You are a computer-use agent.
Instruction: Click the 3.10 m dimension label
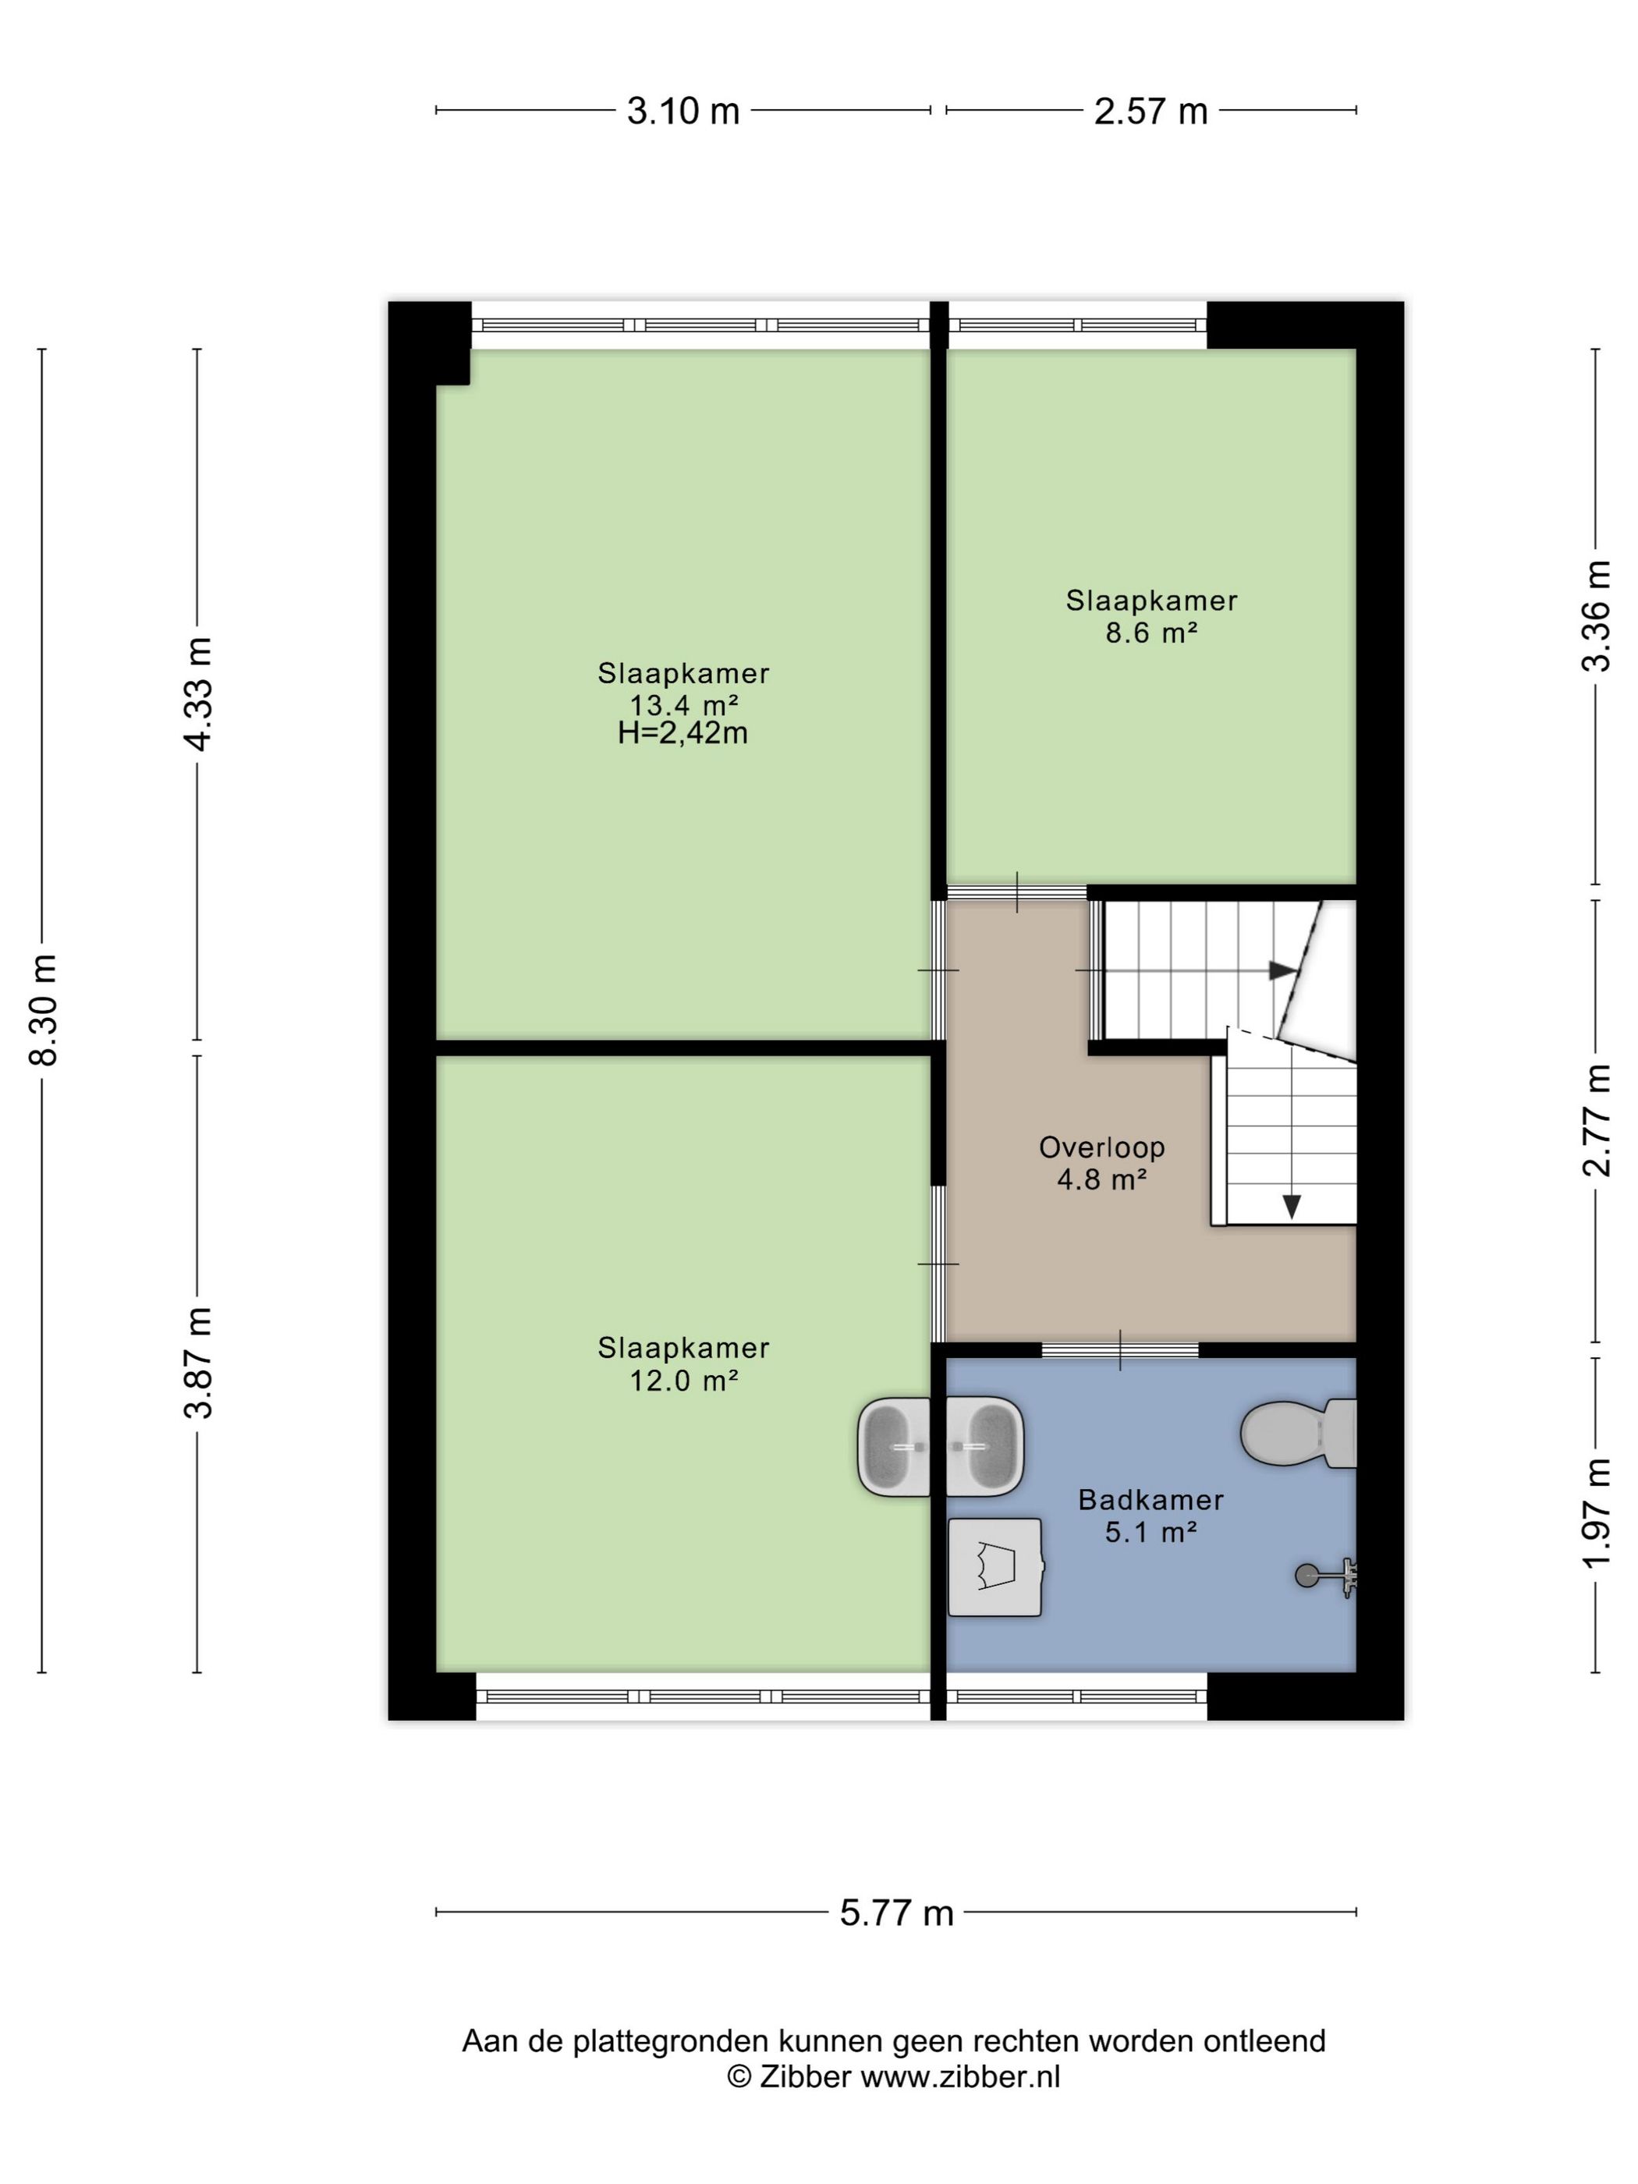point(682,111)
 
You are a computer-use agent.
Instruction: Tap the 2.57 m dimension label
point(1150,111)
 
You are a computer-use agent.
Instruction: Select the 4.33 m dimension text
point(198,694)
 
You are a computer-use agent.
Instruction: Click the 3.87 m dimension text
point(198,1363)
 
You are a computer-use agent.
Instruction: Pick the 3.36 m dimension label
point(1596,616)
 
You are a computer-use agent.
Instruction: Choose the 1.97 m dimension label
point(1596,1512)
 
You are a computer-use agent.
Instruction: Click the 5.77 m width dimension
point(896,1913)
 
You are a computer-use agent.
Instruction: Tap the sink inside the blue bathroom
point(984,1445)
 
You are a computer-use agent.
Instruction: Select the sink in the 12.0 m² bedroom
point(895,1445)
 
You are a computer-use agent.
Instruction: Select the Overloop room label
point(1102,1147)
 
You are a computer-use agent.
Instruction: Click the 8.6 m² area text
point(1151,633)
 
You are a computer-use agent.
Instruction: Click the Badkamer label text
point(1150,1500)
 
